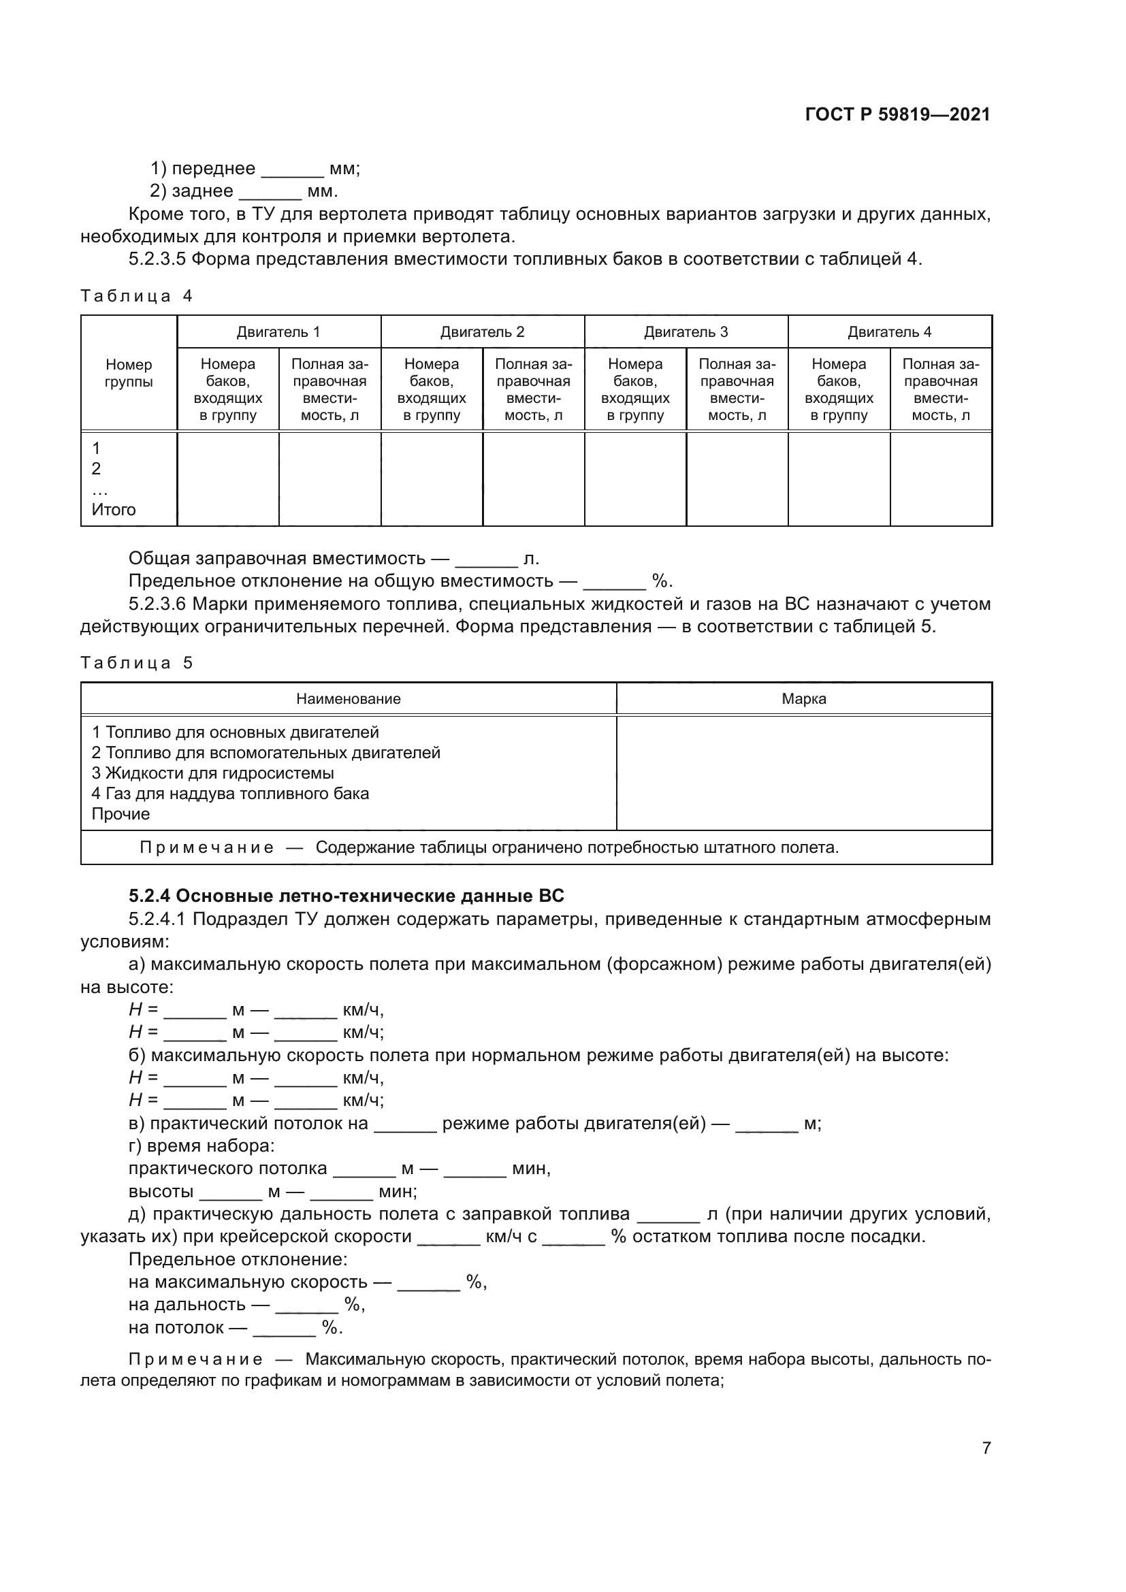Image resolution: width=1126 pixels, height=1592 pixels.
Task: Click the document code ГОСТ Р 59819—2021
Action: [897, 114]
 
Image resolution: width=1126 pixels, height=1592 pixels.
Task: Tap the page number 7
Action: [986, 1448]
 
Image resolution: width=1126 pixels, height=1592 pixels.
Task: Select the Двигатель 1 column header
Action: [278, 331]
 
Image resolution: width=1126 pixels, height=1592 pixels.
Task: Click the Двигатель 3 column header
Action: [686, 331]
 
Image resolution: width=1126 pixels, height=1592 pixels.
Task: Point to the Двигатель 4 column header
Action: [889, 331]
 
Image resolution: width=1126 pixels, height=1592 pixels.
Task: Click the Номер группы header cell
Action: [128, 373]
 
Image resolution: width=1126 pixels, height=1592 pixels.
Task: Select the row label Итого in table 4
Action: [114, 510]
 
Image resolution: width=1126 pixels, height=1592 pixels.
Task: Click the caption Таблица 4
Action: [136, 296]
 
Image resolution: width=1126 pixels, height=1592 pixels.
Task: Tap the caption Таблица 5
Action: [136, 663]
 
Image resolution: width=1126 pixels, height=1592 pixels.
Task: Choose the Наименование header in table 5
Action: [348, 699]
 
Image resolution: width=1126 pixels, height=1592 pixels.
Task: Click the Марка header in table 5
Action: [803, 699]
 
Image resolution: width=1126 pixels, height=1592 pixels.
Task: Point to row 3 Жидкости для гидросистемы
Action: [213, 773]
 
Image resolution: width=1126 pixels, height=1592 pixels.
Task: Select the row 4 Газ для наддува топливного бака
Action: [230, 793]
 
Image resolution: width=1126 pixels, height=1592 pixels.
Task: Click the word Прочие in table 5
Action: [120, 814]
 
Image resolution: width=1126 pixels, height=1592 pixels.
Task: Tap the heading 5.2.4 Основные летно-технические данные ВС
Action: [346, 896]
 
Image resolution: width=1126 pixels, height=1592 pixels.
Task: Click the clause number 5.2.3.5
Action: [157, 259]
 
